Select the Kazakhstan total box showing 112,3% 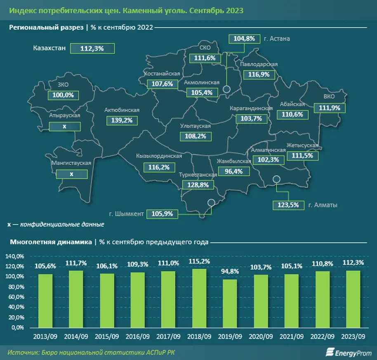(92, 48)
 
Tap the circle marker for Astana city (226, 89)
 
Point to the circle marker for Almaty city (277, 179)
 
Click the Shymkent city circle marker (212, 202)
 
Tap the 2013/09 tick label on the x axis (45, 336)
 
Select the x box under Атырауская (64, 126)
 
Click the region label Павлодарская (259, 64)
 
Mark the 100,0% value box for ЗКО (63, 95)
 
